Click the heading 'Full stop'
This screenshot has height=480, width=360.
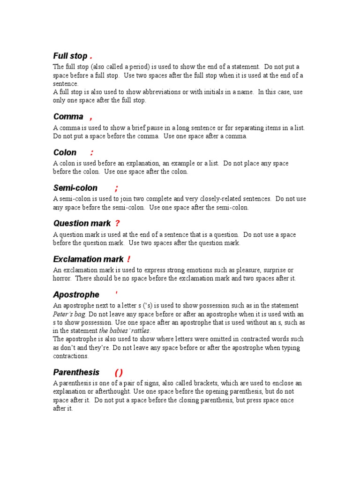(70, 56)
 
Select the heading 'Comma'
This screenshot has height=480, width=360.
(68, 117)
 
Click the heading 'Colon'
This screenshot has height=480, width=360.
(65, 152)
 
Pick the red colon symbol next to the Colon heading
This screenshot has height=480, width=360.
(92, 153)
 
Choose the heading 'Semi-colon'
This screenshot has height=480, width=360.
(75, 188)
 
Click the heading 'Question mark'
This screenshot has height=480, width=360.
(82, 224)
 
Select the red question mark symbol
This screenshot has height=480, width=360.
(117, 224)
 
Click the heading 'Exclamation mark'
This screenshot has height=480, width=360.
(88, 259)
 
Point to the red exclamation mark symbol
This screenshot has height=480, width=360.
(128, 259)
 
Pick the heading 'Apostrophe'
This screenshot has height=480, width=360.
(76, 295)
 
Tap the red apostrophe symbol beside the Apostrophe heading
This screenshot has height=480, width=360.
(116, 293)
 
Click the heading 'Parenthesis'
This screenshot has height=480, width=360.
(76, 372)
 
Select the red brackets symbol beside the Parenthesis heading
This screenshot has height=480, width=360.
(119, 373)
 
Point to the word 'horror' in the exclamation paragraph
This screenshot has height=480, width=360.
(61, 278)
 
